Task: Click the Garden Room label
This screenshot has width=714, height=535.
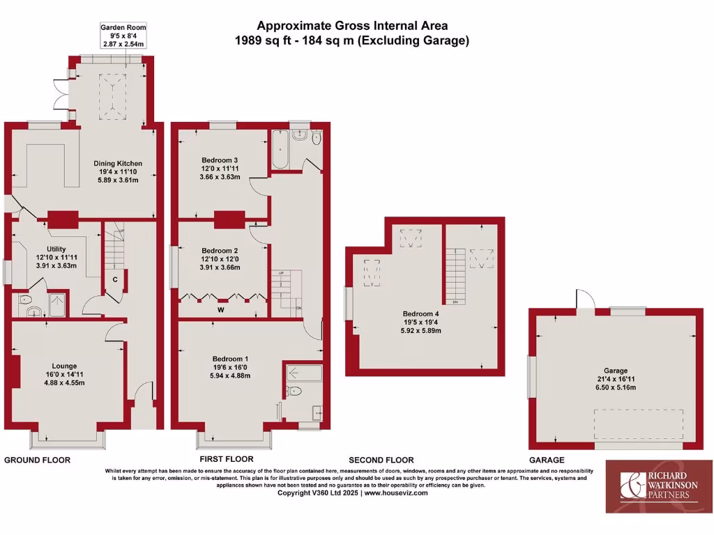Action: click(x=123, y=28)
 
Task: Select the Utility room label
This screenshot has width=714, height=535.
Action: click(x=56, y=249)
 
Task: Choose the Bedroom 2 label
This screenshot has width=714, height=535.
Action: click(x=220, y=250)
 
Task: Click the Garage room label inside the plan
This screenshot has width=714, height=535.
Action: click(x=616, y=371)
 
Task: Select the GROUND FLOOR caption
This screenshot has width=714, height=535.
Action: click(x=38, y=460)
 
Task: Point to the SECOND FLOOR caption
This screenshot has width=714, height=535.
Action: click(x=381, y=460)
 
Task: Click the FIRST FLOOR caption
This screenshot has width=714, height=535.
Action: click(x=226, y=460)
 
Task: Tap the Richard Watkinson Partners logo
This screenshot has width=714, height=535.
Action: click(x=655, y=486)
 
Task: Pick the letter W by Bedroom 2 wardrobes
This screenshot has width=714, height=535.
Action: click(x=220, y=309)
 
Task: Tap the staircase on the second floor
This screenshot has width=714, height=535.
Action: click(x=455, y=274)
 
